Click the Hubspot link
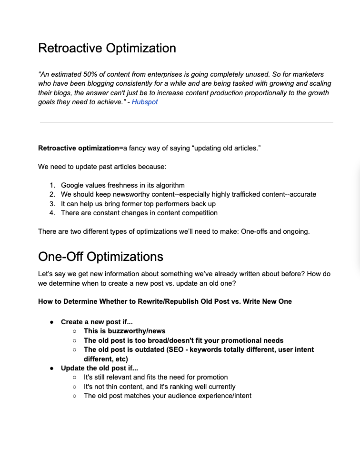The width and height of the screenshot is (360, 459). tap(144, 102)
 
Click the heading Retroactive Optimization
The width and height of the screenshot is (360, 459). tap(107, 48)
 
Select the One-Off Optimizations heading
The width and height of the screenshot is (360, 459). tap(100, 257)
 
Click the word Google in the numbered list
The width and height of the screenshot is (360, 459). tap(72, 185)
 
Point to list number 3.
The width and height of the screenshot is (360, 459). tap(52, 204)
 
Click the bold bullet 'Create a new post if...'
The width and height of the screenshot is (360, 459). tap(97, 322)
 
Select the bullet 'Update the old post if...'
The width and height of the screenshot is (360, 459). tap(99, 368)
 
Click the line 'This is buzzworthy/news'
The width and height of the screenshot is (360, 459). tap(124, 331)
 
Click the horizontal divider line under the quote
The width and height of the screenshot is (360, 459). tap(186, 122)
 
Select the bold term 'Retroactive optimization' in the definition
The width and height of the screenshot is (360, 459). tap(78, 148)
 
